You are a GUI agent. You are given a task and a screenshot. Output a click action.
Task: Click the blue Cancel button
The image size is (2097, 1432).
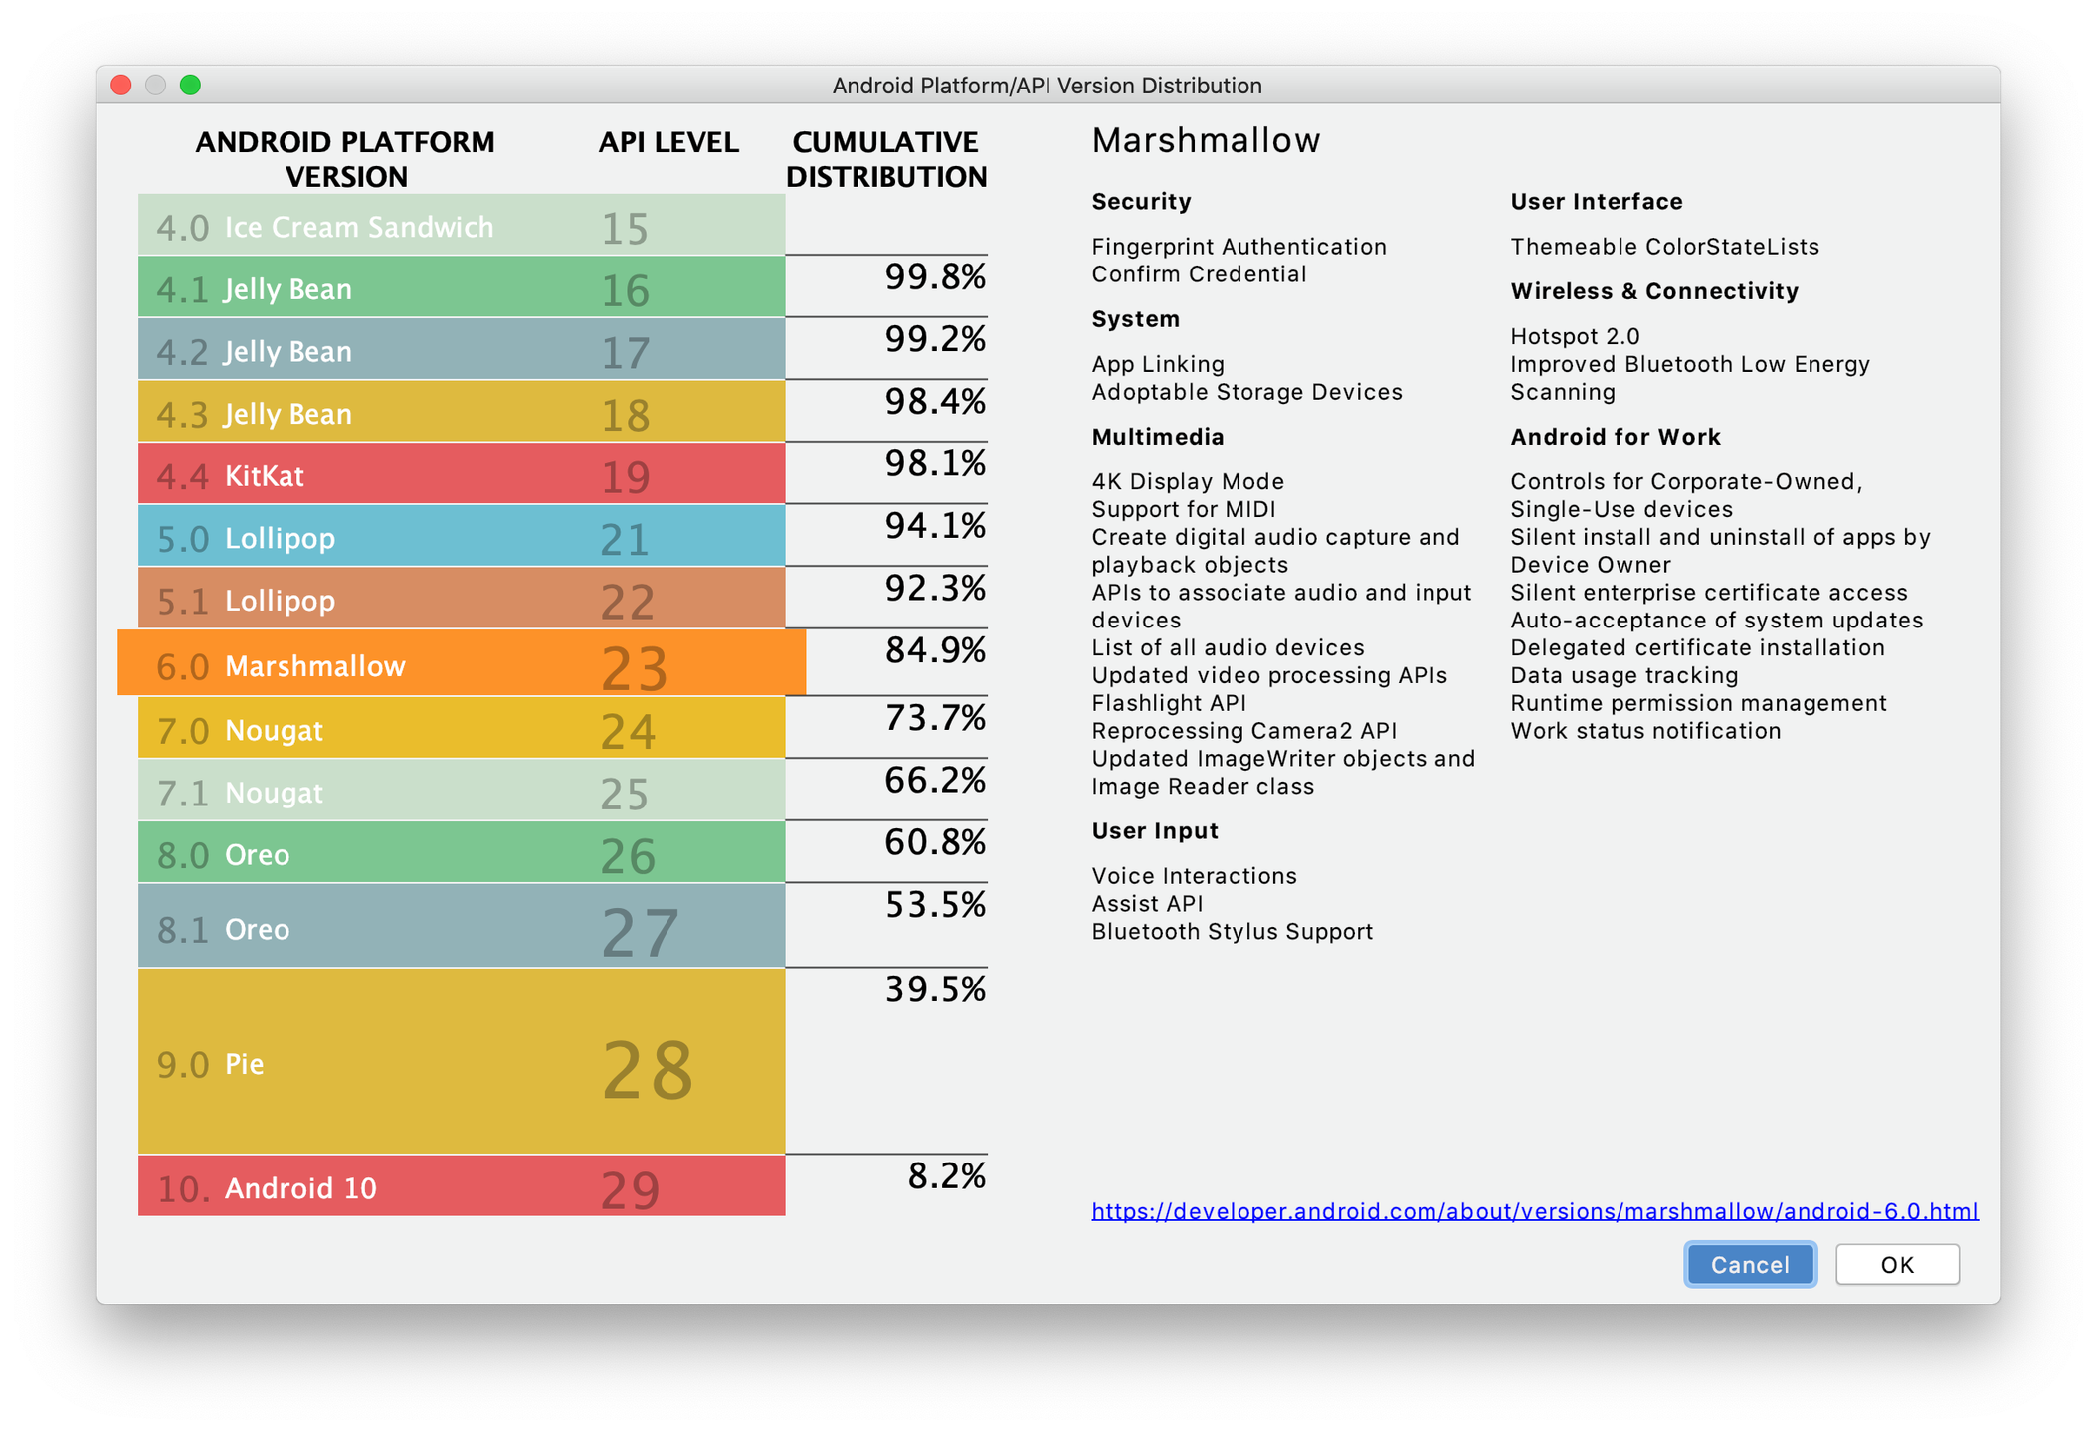[1750, 1264]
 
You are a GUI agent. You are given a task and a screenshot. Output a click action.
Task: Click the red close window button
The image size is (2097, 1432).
[121, 86]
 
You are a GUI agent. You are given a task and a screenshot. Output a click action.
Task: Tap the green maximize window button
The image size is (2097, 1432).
[190, 86]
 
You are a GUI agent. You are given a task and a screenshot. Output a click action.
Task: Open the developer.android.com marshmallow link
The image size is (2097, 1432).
[1534, 1211]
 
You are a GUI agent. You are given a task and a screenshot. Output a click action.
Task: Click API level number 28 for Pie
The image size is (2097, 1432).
[648, 1070]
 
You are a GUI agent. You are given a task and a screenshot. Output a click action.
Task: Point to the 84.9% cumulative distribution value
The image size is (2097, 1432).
[935, 650]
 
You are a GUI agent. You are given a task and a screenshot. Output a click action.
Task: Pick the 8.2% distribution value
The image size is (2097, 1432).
[946, 1175]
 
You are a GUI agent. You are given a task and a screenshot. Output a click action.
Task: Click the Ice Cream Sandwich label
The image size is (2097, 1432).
[358, 227]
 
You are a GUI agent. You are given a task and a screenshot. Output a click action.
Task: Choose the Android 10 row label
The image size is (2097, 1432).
[300, 1188]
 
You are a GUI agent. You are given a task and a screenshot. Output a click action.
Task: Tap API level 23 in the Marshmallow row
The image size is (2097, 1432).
[634, 667]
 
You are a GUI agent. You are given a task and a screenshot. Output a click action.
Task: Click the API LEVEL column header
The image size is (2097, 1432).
[668, 142]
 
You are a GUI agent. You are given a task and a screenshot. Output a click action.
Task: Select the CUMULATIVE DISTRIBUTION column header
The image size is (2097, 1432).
[885, 159]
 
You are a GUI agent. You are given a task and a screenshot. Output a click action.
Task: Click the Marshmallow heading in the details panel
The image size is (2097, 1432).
[1206, 140]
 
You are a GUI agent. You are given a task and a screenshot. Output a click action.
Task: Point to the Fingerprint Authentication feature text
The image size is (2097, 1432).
[1239, 247]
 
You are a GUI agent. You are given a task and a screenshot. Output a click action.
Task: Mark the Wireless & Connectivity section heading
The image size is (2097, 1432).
[1653, 291]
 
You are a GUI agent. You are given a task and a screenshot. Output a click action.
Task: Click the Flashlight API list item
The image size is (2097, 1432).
[1169, 703]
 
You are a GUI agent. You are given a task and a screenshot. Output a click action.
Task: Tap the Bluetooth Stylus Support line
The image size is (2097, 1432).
[1232, 932]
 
